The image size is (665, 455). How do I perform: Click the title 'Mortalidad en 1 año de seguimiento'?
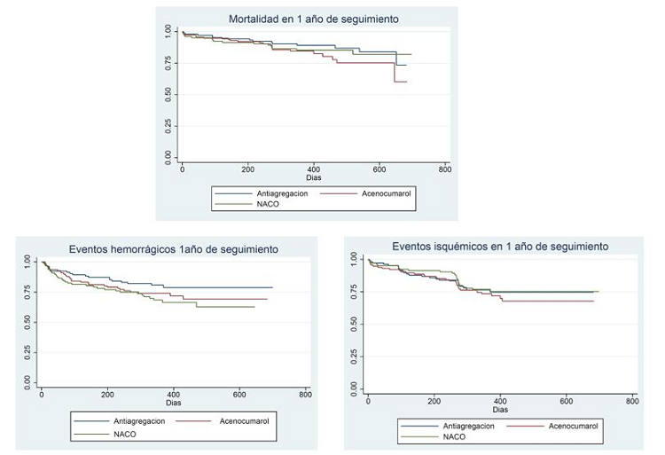pyautogui.click(x=313, y=19)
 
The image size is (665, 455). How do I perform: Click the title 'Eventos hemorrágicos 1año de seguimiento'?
pyautogui.click(x=174, y=249)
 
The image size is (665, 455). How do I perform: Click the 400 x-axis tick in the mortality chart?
pyautogui.click(x=314, y=168)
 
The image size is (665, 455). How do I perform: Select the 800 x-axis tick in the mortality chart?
pyautogui.click(x=445, y=168)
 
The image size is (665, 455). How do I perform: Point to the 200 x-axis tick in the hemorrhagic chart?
pyautogui.click(x=107, y=394)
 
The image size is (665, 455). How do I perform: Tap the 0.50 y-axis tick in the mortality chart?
pyautogui.click(x=168, y=95)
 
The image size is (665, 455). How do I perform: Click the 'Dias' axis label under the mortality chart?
pyautogui.click(x=314, y=177)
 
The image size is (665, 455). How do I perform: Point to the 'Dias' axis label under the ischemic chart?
pyautogui.click(x=500, y=410)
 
